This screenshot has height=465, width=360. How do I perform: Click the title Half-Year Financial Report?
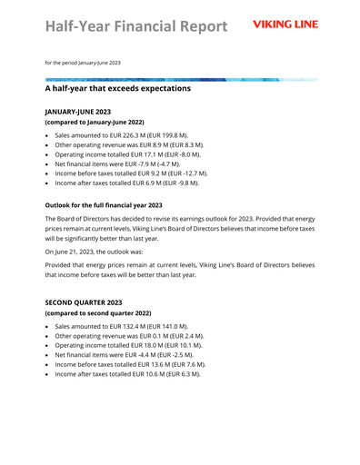pos(135,25)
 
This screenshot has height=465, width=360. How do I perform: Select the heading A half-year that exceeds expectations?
pos(117,89)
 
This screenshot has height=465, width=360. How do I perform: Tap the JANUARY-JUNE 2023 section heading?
pos(84,110)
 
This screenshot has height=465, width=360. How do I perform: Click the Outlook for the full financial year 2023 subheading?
pos(104,205)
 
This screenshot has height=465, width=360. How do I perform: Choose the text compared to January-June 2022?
pos(95,121)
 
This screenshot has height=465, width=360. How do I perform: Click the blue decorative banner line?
pos(182,79)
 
